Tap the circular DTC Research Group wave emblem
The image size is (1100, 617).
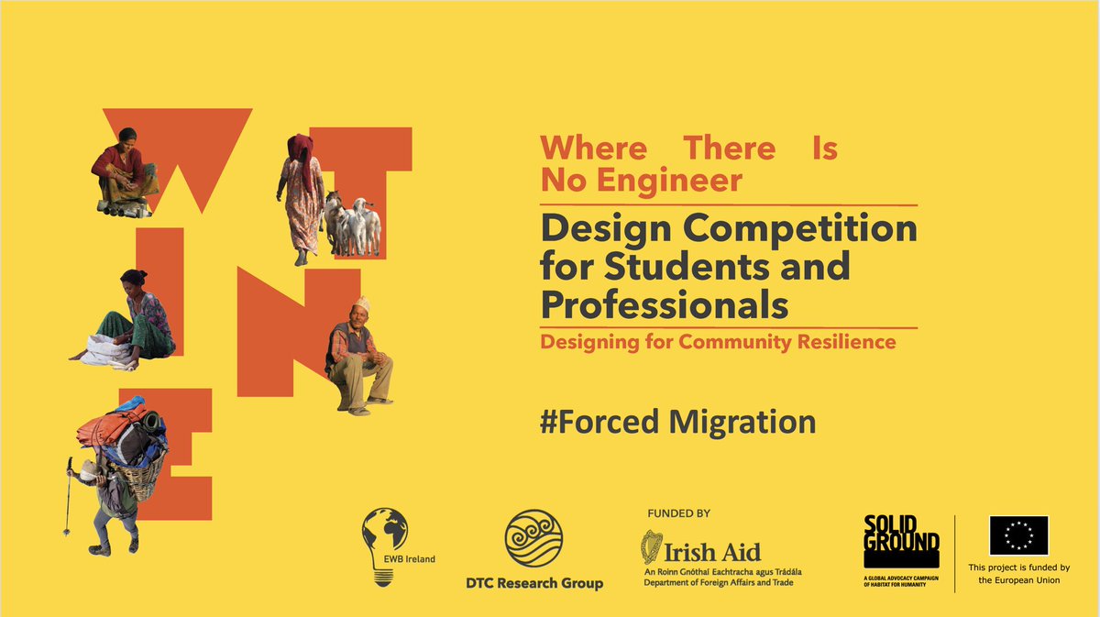click(533, 539)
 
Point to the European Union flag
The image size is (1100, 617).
click(1018, 536)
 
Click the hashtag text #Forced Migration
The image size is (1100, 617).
click(677, 422)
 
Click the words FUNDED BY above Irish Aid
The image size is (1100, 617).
click(678, 513)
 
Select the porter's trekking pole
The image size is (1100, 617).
click(68, 501)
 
